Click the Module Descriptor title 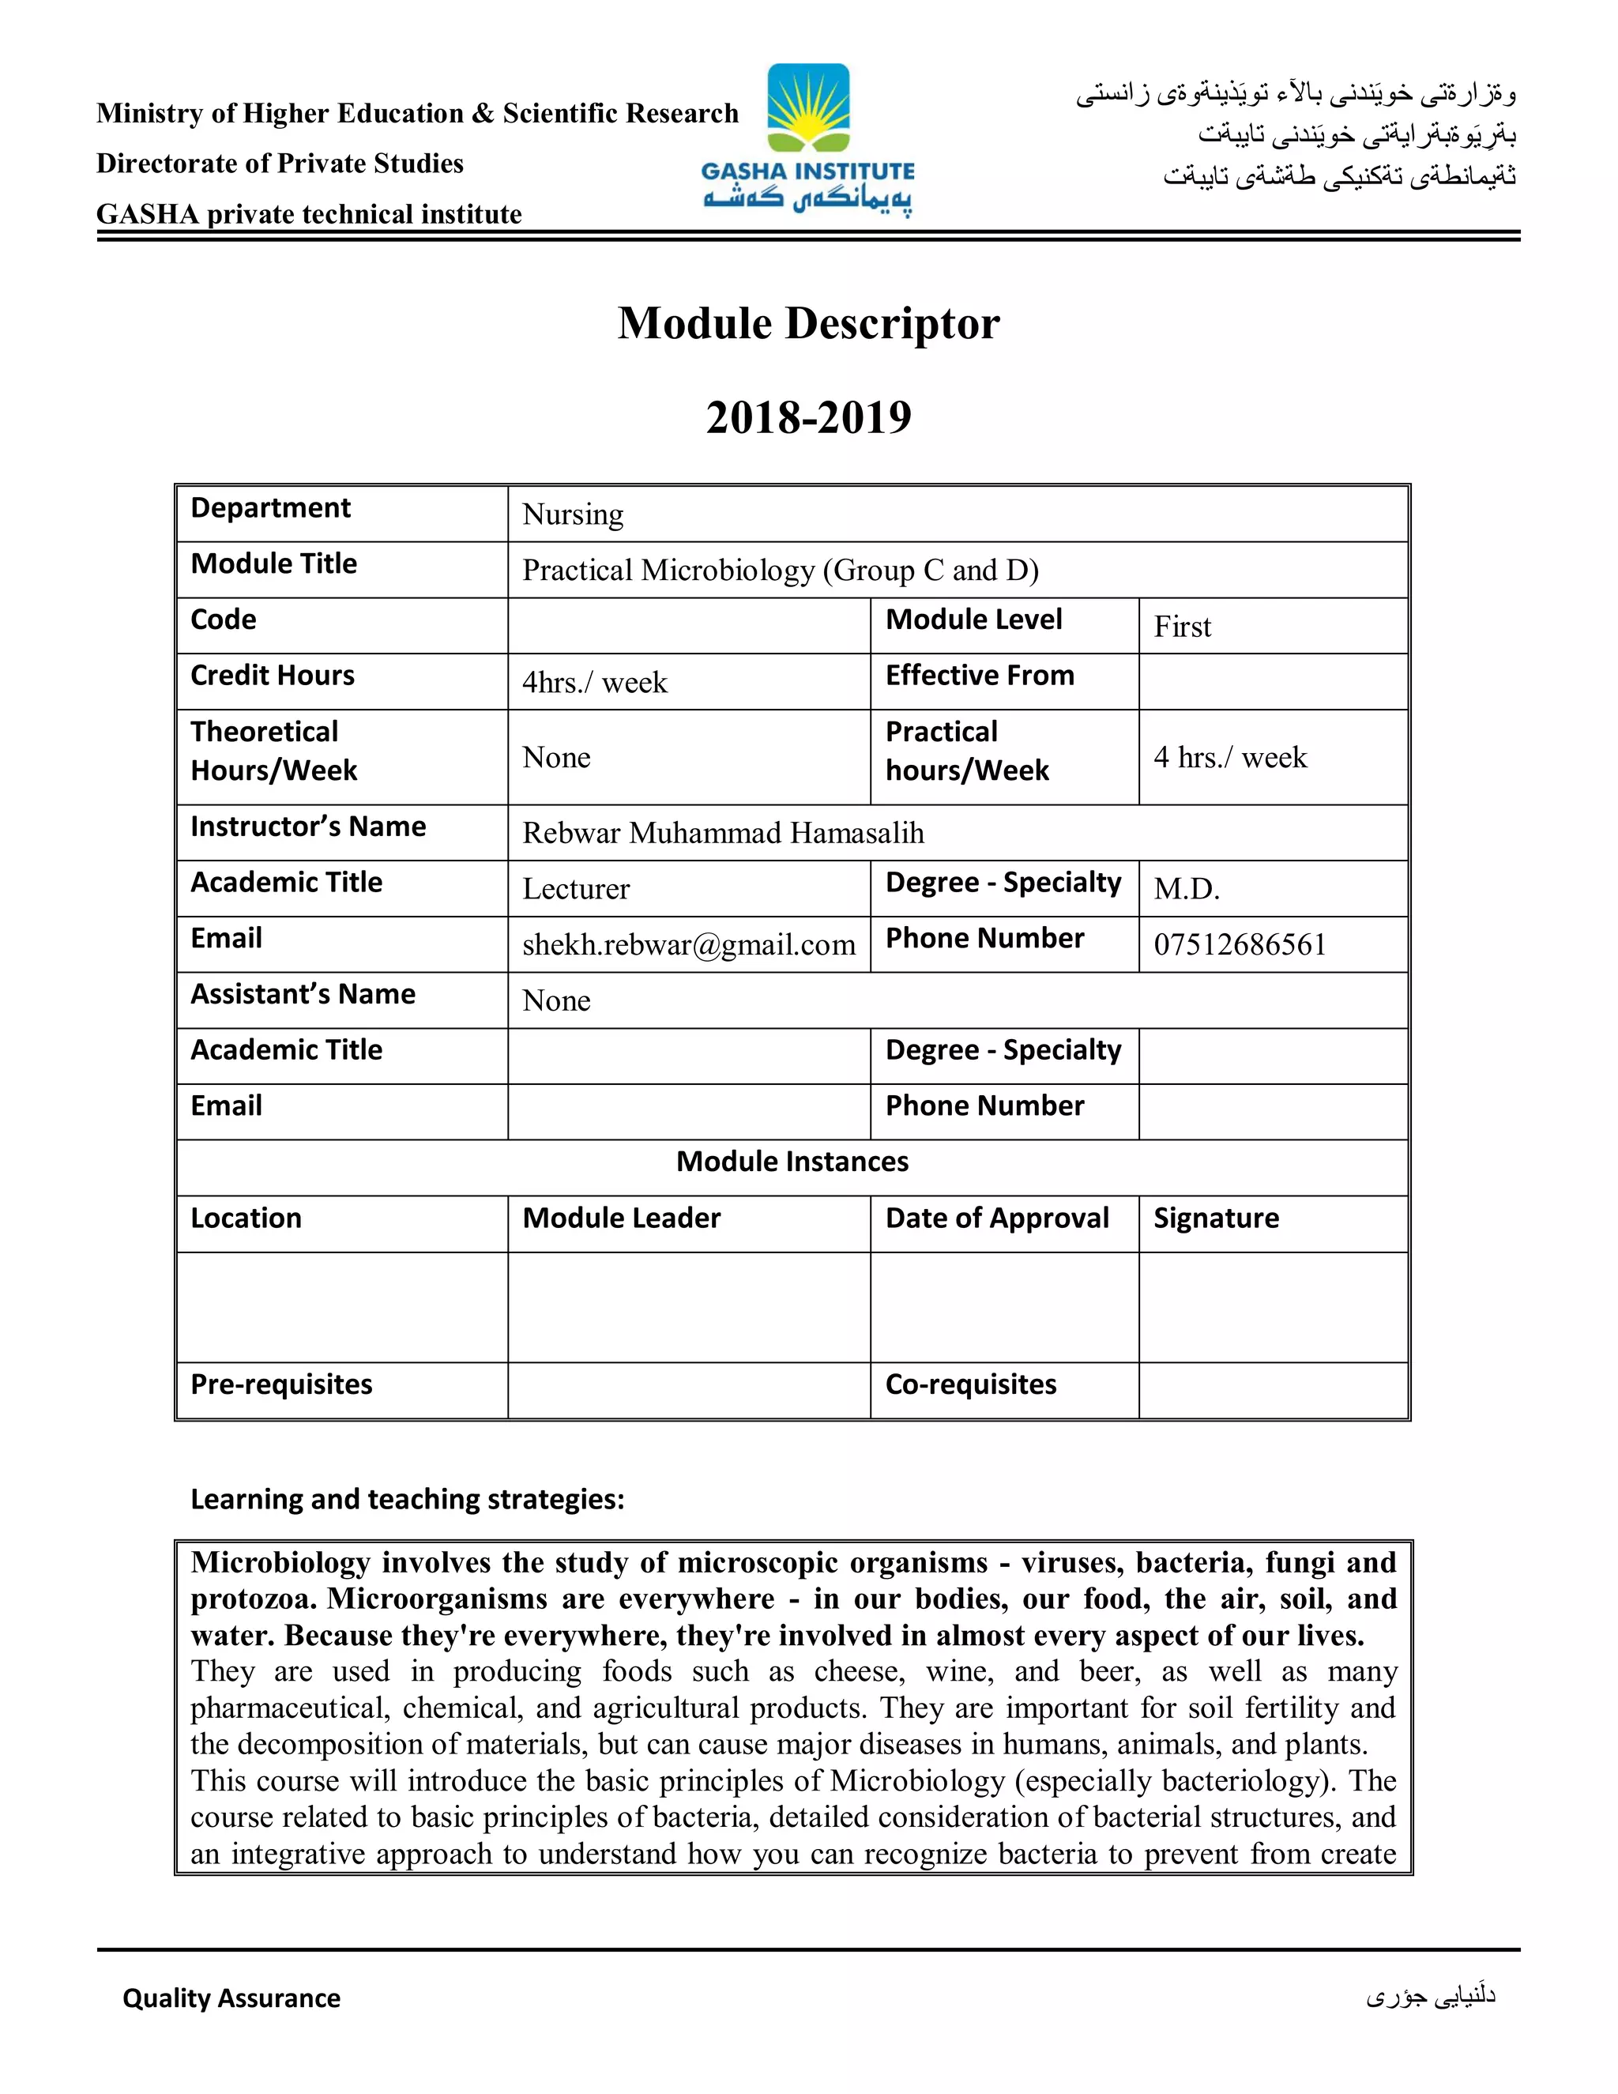click(808, 323)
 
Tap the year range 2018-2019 click(808, 417)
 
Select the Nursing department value click(572, 515)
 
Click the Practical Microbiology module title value click(779, 571)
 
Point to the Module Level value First click(1182, 627)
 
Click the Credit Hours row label click(273, 675)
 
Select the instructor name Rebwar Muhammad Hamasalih click(723, 833)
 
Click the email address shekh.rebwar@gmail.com click(688, 945)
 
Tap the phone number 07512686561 click(1240, 945)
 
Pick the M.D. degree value click(1186, 889)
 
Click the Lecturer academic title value click(575, 889)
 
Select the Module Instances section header click(792, 1162)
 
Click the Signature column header click(1215, 1218)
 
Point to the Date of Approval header click(997, 1218)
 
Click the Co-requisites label click(970, 1384)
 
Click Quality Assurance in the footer click(231, 1998)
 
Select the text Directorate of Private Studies click(279, 164)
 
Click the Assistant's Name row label click(303, 994)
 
